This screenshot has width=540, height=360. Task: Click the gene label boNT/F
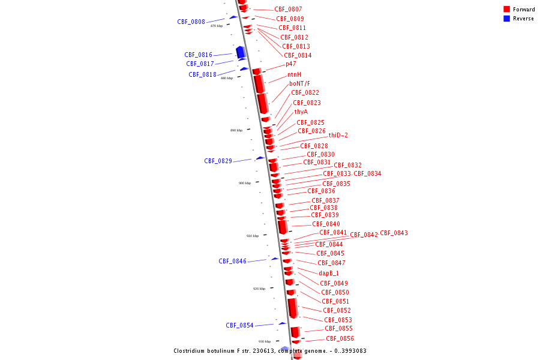click(299, 83)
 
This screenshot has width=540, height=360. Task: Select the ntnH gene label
click(294, 74)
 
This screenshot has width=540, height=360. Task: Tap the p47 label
click(290, 64)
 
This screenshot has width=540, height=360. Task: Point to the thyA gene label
click(301, 112)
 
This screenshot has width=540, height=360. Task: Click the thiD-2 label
click(338, 135)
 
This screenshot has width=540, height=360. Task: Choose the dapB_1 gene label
click(328, 273)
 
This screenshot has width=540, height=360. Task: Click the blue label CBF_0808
click(191, 22)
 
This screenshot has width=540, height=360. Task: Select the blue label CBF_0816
click(198, 55)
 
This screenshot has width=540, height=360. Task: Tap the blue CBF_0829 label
click(218, 161)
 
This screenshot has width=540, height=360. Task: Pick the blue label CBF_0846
click(232, 261)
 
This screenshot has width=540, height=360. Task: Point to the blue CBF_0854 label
click(239, 325)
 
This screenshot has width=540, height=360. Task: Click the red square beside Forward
click(506, 10)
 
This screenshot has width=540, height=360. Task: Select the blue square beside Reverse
click(506, 19)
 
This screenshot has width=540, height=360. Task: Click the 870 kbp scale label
click(216, 26)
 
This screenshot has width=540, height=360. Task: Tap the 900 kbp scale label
click(244, 183)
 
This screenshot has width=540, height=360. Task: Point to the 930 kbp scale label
click(264, 341)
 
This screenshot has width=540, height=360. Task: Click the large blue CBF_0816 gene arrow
click(241, 52)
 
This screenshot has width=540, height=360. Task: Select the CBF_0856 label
click(340, 338)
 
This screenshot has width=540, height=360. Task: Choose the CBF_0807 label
click(288, 10)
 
